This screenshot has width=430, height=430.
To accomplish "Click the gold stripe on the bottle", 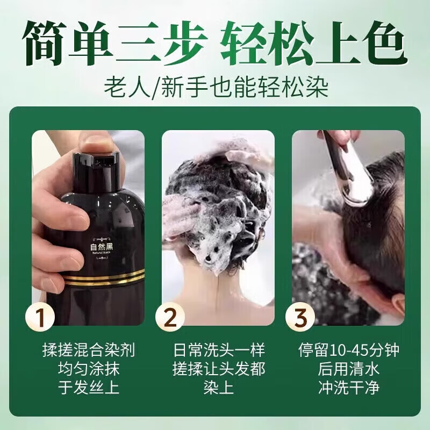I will coord(102,278).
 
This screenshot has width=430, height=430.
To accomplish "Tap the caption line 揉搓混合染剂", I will coord(88,352).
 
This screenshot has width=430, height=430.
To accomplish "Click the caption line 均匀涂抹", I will coord(88,370).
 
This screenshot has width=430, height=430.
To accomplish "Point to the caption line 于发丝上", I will coord(88,389).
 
